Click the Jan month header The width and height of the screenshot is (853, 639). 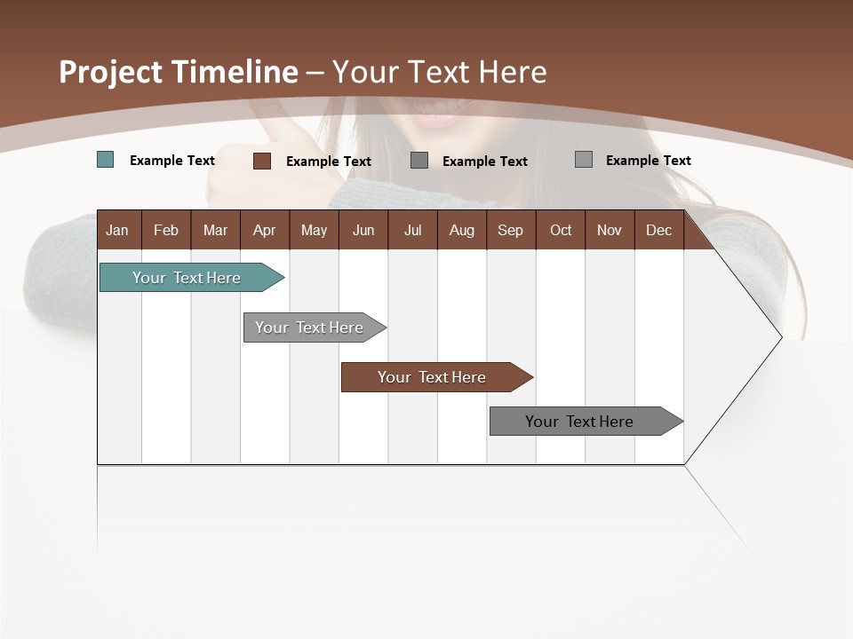[x=118, y=230]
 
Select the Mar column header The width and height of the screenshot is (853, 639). [x=215, y=230]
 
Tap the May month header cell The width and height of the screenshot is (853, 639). [x=314, y=230]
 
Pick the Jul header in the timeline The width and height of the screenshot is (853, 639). [x=412, y=230]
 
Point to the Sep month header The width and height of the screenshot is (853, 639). [x=510, y=230]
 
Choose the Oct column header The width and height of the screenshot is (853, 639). [x=561, y=230]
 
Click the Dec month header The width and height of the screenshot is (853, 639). [x=658, y=230]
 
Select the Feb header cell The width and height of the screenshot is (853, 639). [x=166, y=230]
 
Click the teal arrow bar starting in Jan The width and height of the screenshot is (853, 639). [x=187, y=278]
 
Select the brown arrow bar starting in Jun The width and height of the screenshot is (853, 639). [x=432, y=377]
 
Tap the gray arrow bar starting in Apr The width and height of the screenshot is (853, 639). [x=309, y=327]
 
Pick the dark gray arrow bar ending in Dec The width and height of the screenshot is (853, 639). [x=579, y=422]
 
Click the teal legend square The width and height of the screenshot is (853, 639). [x=106, y=160]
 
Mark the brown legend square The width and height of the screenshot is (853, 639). [x=262, y=161]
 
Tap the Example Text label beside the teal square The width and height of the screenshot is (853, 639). [x=172, y=161]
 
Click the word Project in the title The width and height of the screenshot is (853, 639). [x=111, y=72]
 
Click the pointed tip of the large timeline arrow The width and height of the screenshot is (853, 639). [x=779, y=337]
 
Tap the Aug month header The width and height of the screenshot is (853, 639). [x=461, y=230]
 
